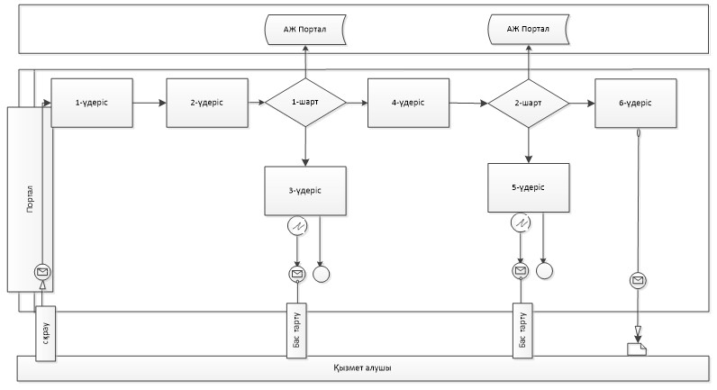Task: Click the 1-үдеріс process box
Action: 92,103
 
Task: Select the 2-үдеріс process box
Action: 207,103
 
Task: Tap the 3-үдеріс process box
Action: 305,191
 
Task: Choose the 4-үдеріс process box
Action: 408,103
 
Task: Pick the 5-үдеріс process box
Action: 529,187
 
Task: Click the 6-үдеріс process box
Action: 636,104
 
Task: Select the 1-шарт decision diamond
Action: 305,102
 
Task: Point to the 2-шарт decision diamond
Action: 529,104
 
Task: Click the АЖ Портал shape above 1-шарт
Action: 305,29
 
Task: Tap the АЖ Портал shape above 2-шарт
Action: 529,29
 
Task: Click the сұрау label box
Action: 46,333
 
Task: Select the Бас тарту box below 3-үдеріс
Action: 296,331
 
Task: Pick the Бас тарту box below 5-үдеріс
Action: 522,331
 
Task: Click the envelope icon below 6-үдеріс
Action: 638,280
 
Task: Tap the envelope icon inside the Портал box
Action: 42,272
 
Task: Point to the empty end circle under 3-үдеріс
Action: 322,274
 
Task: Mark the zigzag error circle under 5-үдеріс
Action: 521,223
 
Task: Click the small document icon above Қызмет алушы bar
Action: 637,349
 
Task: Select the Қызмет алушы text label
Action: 362,368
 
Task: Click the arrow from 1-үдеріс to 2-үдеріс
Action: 150,103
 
